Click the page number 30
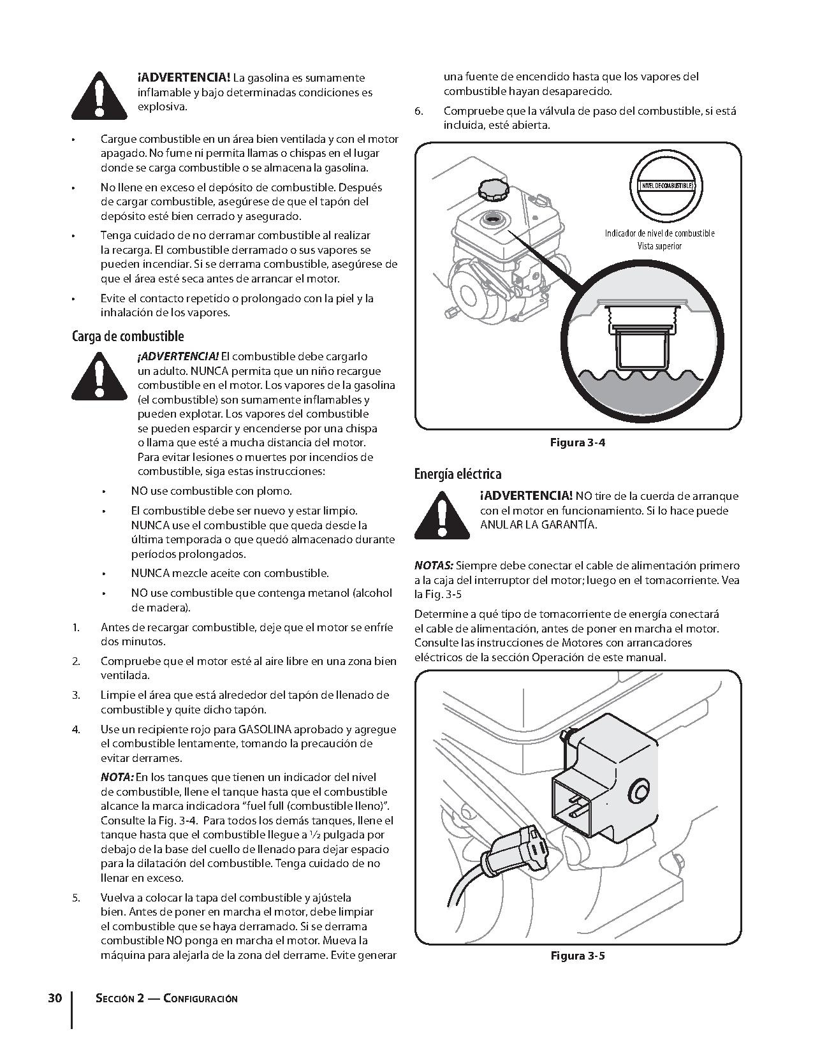55,998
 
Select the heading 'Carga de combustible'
128,336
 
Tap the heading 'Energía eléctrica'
457,474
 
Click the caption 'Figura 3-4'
577,442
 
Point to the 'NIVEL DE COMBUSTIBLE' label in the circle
664,185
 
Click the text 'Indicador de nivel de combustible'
659,233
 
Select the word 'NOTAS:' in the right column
434,566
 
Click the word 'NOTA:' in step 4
117,777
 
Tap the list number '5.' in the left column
76,898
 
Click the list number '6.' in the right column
419,111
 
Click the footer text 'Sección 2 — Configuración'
166,998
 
